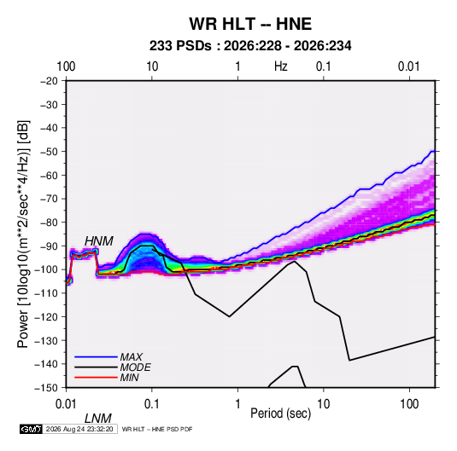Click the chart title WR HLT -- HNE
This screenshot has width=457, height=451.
pos(250,24)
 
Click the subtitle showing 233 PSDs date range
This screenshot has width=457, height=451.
pos(250,46)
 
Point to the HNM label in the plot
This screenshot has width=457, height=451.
pos(99,241)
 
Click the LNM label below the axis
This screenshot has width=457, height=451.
pos(98,419)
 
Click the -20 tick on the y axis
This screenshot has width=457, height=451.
pos(49,81)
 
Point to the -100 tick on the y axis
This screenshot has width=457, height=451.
pos(46,269)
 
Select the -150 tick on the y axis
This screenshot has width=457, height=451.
pos(46,388)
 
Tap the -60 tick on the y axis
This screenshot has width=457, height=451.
pos(49,175)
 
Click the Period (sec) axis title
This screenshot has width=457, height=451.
pos(281,413)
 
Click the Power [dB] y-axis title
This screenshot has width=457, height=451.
pos(23,234)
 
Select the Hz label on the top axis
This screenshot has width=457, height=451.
pos(281,66)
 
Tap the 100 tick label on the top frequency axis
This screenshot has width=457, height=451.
pos(66,66)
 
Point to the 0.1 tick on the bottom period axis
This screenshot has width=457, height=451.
pos(152,404)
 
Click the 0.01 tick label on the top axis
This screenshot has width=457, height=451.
pos(409,66)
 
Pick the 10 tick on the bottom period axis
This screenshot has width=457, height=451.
pos(324,404)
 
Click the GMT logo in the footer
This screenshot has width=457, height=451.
pos(32,429)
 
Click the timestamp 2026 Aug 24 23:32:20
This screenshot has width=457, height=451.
pos(79,429)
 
